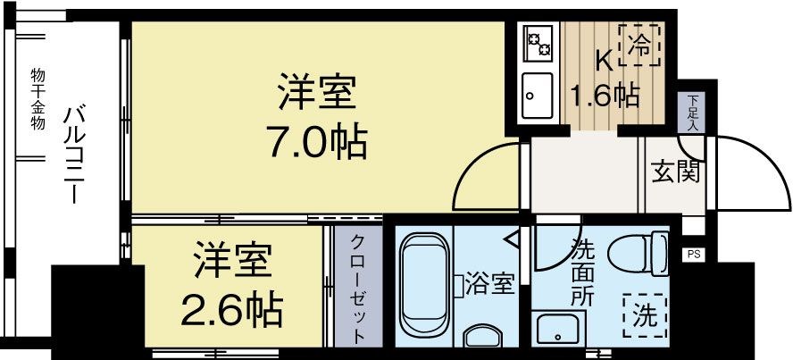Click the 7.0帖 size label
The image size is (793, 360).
pos(317,142)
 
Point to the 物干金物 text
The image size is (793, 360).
pos(37,99)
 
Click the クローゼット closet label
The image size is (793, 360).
pos(356,289)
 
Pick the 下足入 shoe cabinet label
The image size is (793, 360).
pos(691,111)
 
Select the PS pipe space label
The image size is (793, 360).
pos(693,255)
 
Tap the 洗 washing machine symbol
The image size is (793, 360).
pos(643,314)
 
